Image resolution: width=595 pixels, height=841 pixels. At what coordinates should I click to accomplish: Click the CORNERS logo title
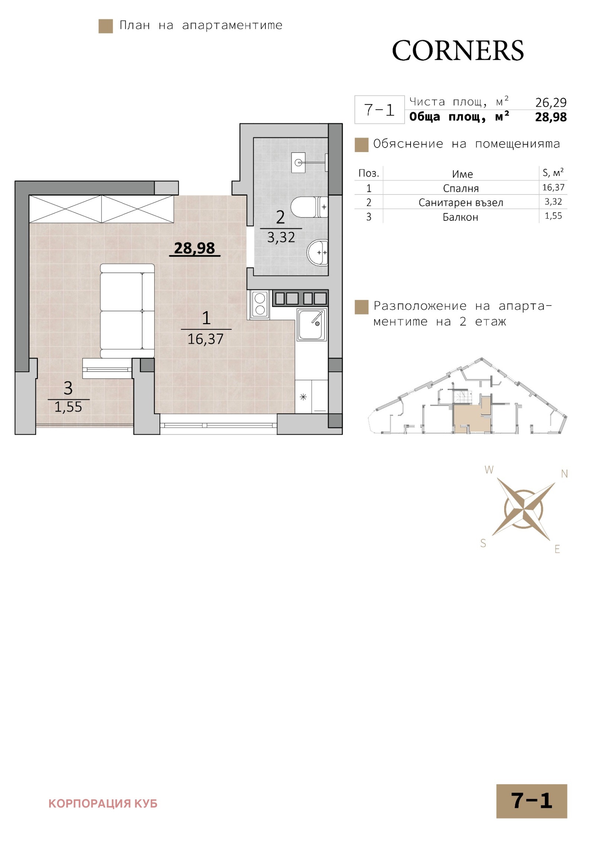click(457, 51)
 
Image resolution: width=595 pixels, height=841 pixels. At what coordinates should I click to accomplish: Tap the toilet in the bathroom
click(309, 207)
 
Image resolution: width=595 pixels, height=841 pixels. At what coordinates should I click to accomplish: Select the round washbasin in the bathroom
click(317, 252)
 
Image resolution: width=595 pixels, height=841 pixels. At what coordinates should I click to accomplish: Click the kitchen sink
click(312, 325)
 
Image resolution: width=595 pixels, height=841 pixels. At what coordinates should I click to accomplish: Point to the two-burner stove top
click(259, 304)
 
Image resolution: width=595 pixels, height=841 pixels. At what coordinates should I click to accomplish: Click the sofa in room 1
click(127, 311)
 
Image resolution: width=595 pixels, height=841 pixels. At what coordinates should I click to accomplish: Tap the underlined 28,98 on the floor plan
click(194, 248)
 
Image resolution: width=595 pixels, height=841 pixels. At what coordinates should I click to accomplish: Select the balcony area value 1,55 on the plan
click(68, 407)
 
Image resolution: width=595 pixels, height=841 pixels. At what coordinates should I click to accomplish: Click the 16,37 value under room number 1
click(205, 339)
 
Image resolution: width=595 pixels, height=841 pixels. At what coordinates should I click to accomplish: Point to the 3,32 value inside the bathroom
click(281, 238)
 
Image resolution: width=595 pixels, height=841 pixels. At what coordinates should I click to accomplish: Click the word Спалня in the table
click(461, 188)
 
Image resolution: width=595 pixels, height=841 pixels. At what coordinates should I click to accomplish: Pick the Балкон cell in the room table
click(460, 217)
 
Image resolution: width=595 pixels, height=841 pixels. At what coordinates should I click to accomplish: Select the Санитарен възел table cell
click(461, 203)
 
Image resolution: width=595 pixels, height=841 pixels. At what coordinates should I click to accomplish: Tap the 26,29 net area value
click(551, 102)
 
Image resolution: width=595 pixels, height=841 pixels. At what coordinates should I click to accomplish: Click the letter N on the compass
click(564, 474)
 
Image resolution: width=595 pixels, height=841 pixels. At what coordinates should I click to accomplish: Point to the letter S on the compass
click(483, 543)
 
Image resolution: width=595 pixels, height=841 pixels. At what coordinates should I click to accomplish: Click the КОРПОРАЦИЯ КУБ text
click(103, 803)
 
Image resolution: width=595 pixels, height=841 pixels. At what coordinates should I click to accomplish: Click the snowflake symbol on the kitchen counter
click(303, 397)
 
